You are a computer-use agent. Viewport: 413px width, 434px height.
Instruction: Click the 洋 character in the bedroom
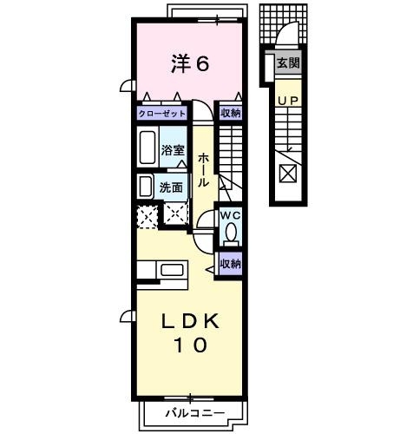[x=179, y=63]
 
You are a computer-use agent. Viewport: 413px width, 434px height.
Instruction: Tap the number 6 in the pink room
[x=202, y=63]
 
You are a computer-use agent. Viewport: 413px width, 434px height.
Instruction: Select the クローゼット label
[x=162, y=113]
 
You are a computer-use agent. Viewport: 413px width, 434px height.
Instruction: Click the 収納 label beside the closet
[x=230, y=113]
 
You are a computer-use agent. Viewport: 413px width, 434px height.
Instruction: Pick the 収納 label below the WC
[x=230, y=263]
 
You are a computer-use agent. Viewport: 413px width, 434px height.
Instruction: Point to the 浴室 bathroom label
[x=172, y=149]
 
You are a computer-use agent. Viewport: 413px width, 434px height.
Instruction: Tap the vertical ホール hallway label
[x=202, y=170]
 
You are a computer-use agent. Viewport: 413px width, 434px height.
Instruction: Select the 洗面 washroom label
[x=170, y=187]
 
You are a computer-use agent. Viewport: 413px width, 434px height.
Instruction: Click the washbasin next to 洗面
[x=144, y=187]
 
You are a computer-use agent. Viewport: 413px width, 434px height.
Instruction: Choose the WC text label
[x=229, y=216]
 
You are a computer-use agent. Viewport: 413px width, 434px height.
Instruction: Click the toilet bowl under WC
[x=231, y=233]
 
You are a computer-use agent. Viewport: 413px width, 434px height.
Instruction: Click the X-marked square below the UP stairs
[x=287, y=172]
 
